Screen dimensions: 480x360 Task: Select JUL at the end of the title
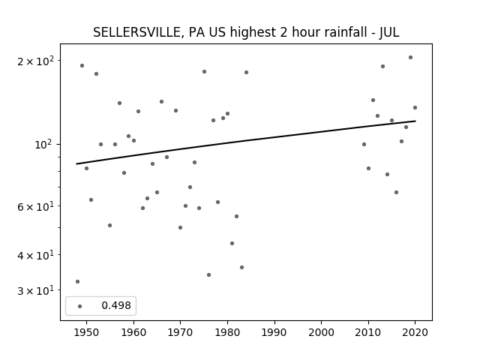point(389,32)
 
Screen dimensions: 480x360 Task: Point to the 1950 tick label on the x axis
point(87,332)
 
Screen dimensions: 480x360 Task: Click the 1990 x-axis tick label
point(274,332)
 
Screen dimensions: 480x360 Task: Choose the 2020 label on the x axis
point(415,332)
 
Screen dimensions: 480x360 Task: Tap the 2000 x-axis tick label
point(322,332)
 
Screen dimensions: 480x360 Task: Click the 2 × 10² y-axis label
point(35,61)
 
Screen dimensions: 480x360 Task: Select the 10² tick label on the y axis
point(44,143)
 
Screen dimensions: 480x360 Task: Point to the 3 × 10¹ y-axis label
point(35,290)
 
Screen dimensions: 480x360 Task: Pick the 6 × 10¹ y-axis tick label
point(35,206)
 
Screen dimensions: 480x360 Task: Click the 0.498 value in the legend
point(116,305)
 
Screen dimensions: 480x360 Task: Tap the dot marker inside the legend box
point(80,307)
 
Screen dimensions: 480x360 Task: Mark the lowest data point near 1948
point(77,282)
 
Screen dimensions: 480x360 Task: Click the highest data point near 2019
point(410,58)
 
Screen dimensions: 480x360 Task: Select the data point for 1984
point(247,73)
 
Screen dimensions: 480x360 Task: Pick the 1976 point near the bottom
point(208,275)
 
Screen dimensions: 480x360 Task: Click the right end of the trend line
point(415,121)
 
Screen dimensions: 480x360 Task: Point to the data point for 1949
point(82,66)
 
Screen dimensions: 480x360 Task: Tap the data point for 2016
point(397,193)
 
